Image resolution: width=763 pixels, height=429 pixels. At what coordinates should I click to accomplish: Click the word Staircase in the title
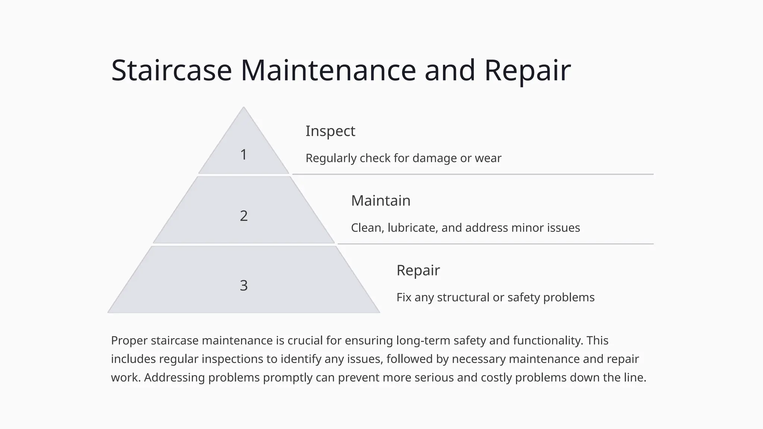coord(171,70)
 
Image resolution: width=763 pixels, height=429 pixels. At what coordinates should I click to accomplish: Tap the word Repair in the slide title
coord(527,70)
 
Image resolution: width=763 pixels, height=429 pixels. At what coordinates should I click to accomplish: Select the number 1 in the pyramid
coord(244,155)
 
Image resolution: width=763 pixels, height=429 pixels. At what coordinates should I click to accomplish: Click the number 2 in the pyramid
coord(244,216)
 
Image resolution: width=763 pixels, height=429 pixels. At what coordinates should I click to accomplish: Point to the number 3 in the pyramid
coord(244,286)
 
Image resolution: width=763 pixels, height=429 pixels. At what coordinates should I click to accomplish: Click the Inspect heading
coord(330,131)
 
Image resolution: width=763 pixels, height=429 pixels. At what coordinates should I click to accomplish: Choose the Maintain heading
coord(380,201)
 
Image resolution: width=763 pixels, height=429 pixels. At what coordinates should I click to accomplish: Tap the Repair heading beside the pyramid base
coord(418,270)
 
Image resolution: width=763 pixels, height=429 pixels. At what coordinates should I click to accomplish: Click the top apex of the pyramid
coord(244,109)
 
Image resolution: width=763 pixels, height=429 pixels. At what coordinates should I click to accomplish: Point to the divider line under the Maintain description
coord(496,244)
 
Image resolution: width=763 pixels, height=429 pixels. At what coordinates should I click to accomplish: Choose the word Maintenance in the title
coord(328,70)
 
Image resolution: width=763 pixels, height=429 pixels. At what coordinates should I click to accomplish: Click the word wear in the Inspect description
coord(488,158)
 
